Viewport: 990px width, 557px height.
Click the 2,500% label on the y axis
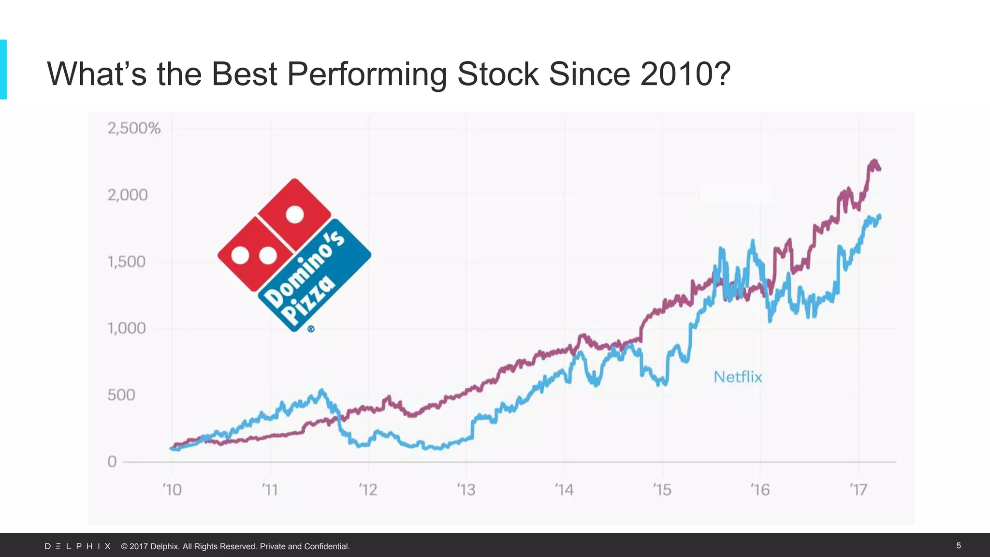click(134, 129)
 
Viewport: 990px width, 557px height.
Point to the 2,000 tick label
click(127, 195)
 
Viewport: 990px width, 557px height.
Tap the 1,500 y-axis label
click(126, 262)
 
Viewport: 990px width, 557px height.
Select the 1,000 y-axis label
click(126, 329)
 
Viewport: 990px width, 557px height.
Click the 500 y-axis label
click(121, 395)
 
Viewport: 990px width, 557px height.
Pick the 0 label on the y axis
click(112, 462)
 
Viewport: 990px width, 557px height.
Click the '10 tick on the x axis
click(172, 490)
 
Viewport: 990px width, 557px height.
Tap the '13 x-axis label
click(466, 490)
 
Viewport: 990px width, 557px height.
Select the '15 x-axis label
click(662, 490)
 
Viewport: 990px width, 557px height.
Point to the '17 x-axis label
click(859, 490)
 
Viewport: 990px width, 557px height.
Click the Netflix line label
click(738, 377)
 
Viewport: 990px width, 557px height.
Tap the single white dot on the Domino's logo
click(295, 214)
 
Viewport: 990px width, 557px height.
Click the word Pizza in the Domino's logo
click(308, 301)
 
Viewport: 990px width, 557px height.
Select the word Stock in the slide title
click(497, 74)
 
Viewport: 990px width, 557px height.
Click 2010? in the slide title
click(685, 74)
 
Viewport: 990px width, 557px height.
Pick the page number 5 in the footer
click(959, 545)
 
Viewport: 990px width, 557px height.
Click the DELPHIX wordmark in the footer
click(78, 546)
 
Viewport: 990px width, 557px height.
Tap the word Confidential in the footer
click(326, 546)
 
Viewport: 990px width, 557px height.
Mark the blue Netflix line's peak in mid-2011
click(322, 391)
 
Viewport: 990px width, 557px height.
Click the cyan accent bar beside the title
click(3, 70)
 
